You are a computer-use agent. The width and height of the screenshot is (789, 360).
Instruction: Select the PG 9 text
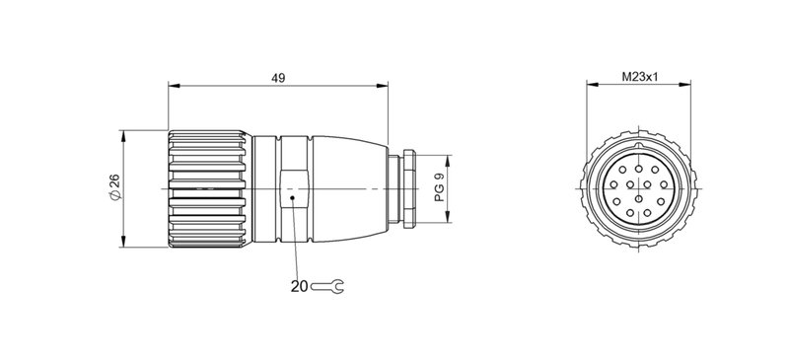[439, 187]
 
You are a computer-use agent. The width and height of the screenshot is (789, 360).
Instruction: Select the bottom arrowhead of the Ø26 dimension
[123, 244]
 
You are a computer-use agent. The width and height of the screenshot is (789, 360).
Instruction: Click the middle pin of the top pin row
[637, 169]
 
